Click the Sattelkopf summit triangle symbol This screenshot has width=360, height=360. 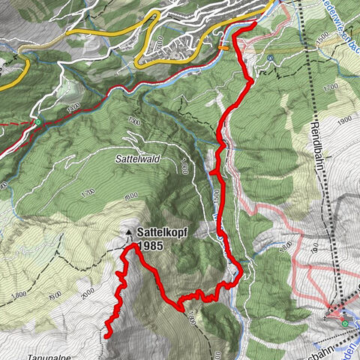tap(130, 233)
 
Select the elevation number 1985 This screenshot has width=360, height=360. tap(150, 244)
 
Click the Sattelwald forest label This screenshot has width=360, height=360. tap(135, 160)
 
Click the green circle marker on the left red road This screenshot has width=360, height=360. tap(36, 121)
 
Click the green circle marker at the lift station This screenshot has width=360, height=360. tap(344, 324)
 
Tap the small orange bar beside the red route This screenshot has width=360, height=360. tap(223, 47)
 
